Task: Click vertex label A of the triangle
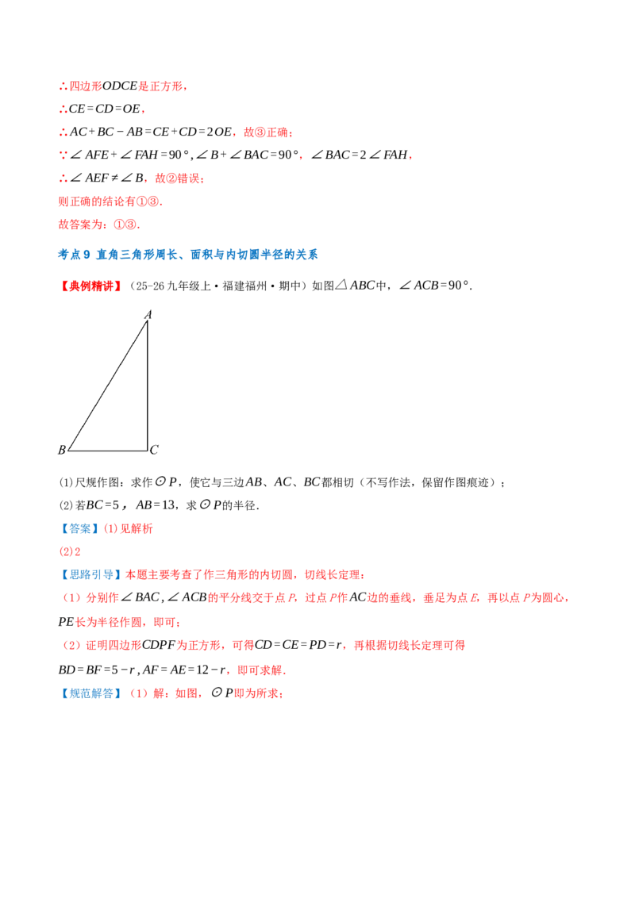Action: [148, 314]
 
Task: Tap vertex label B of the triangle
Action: [62, 450]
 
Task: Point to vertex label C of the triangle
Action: [154, 450]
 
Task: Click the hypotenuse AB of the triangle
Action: [108, 386]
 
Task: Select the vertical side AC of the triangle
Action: [148, 386]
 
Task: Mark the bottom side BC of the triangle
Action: [108, 451]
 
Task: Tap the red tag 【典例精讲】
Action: [91, 286]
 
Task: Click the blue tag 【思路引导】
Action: [91, 575]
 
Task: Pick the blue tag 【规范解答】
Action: [91, 693]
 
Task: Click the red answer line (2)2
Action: [69, 551]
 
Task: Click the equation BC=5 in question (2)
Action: [102, 505]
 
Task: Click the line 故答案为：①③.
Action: [99, 224]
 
